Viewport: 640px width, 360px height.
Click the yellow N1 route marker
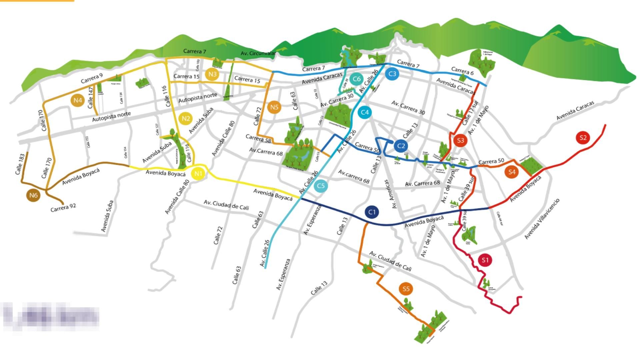(x=198, y=174)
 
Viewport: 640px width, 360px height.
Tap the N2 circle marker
(x=186, y=118)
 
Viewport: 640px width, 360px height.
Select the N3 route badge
(x=212, y=74)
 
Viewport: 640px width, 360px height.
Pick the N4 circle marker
(x=78, y=100)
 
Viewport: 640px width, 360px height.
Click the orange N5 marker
(x=274, y=107)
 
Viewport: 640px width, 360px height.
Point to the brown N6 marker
(x=33, y=195)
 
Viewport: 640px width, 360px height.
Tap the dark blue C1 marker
(x=372, y=212)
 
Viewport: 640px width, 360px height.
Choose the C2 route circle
(x=401, y=146)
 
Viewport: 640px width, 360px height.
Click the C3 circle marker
(x=392, y=74)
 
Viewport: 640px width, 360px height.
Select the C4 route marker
(x=365, y=112)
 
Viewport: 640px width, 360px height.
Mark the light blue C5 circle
(x=321, y=186)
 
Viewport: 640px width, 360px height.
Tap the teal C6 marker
(x=356, y=79)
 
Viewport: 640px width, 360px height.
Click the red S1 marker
(x=485, y=260)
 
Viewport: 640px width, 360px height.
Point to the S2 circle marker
(x=583, y=138)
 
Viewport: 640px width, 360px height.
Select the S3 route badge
(x=460, y=140)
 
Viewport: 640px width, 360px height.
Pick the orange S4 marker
(x=512, y=172)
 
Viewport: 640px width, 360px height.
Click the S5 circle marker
(x=406, y=289)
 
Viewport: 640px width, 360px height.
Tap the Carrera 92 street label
(x=63, y=208)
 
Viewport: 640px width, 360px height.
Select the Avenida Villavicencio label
(x=542, y=219)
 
